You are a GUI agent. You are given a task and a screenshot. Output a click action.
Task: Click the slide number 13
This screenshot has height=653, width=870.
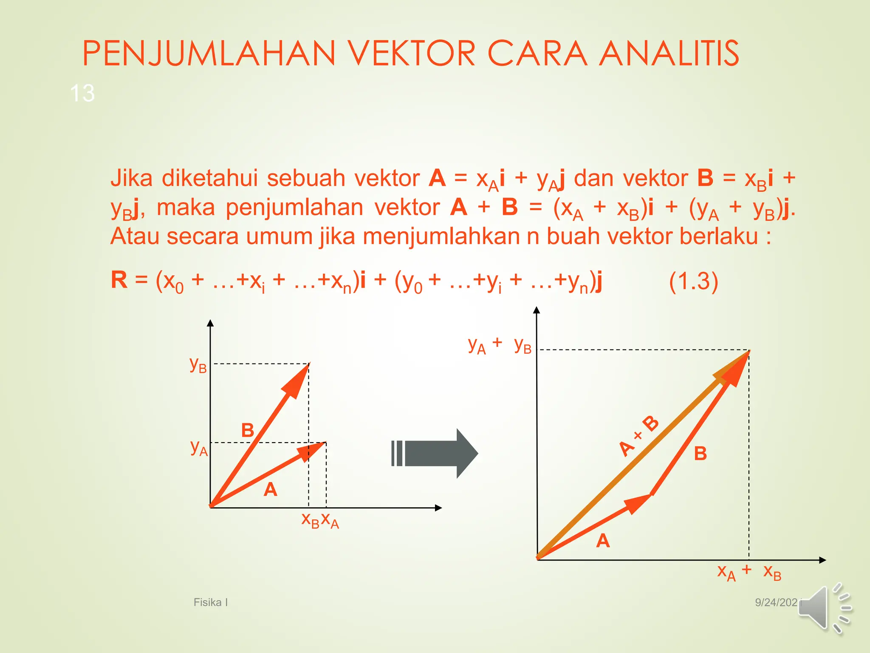click(82, 93)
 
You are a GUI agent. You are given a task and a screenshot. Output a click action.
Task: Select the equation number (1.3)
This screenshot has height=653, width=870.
click(693, 281)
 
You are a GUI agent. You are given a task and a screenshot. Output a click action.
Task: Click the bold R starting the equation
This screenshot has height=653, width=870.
click(119, 280)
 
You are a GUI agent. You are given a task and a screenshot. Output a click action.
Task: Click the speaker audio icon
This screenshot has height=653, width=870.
click(824, 608)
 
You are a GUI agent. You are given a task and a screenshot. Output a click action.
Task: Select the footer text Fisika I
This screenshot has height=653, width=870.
click(211, 602)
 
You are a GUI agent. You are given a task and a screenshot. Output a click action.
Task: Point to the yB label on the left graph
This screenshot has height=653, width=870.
click(198, 365)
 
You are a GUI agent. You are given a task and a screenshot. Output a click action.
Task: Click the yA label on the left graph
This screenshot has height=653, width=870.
click(199, 448)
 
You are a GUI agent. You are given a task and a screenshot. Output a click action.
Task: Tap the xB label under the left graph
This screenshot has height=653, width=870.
click(310, 520)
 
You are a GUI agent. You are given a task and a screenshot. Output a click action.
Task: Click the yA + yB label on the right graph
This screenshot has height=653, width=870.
click(499, 345)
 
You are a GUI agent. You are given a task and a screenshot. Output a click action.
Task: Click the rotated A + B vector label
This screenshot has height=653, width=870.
click(638, 436)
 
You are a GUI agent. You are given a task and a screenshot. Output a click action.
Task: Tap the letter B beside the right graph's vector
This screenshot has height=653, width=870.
click(700, 454)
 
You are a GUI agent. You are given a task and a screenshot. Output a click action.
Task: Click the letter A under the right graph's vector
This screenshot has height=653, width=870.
click(603, 541)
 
